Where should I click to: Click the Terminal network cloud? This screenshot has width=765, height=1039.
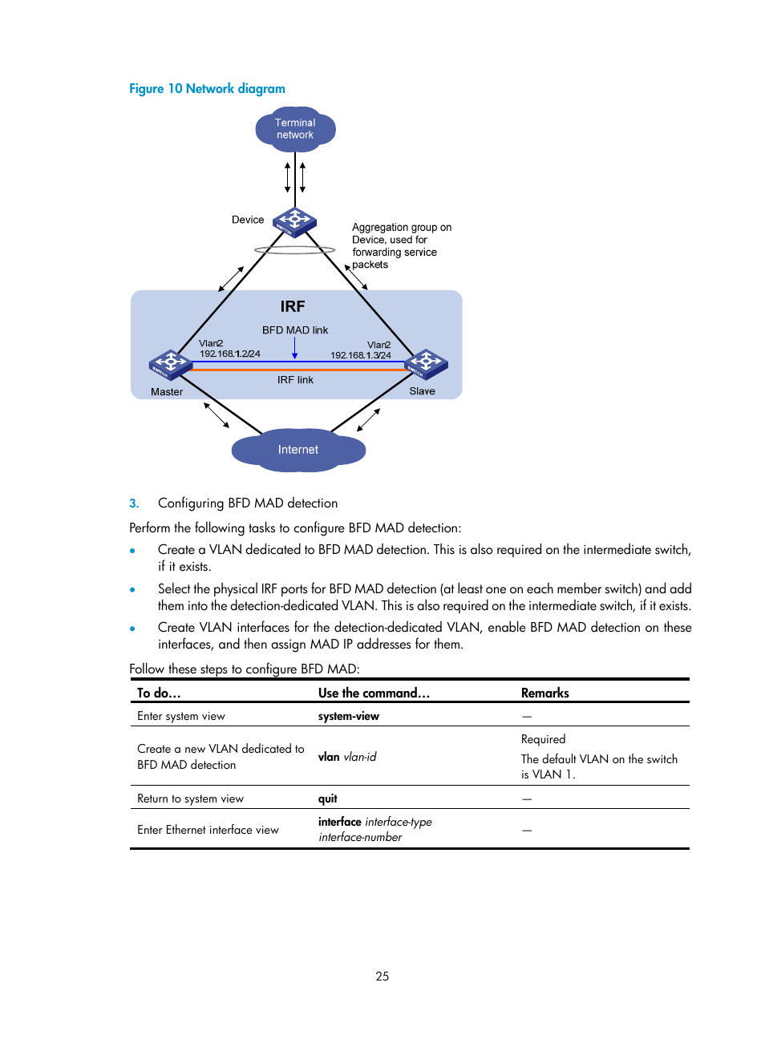tap(295, 129)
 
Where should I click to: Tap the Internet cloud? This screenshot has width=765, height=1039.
tap(298, 450)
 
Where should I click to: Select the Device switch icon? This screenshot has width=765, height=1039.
tap(294, 221)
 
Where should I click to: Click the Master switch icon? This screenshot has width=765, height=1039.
tap(170, 364)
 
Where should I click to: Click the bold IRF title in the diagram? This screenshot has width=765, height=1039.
tap(293, 306)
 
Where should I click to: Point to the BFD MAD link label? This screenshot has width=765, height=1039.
tap(295, 330)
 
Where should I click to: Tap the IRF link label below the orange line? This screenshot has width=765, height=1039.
tap(295, 380)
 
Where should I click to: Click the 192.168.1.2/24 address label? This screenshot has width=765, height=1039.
tap(229, 354)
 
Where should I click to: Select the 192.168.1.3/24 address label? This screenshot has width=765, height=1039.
tap(361, 355)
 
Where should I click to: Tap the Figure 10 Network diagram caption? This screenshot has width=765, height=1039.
tap(207, 89)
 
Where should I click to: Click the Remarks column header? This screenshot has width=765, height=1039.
tap(544, 693)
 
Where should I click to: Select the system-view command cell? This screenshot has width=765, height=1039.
tap(349, 716)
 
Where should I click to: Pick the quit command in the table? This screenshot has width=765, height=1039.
tap(328, 798)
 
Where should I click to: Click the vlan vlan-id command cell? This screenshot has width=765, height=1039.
tap(347, 757)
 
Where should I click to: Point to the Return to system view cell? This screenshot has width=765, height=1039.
tap(190, 798)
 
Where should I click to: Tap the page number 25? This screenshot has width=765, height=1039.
tap(382, 976)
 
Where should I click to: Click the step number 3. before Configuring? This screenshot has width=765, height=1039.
tap(134, 503)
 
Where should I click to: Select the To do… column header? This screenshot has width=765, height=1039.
tap(159, 693)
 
